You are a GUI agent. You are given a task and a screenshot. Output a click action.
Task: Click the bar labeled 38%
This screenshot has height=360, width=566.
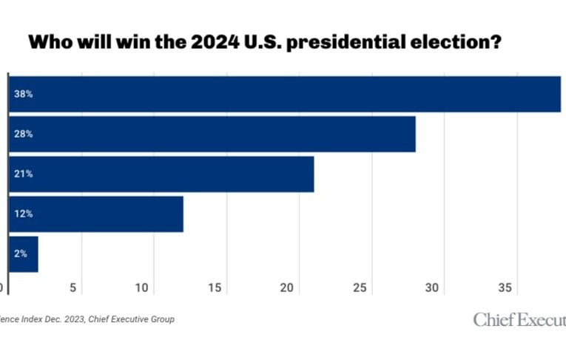(285, 94)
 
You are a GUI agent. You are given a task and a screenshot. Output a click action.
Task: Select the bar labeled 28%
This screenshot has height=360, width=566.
(212, 134)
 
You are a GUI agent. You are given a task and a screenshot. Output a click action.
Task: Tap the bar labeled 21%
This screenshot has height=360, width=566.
(161, 174)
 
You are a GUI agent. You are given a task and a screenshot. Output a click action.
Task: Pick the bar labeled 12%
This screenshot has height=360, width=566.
(96, 214)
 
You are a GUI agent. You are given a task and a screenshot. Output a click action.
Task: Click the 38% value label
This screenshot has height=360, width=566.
(23, 95)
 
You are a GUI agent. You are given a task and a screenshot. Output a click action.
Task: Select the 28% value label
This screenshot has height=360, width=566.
(23, 135)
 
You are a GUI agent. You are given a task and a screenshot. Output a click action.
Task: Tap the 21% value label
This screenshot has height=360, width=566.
(23, 174)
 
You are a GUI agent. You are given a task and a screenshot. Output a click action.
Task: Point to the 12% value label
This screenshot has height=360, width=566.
(23, 214)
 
